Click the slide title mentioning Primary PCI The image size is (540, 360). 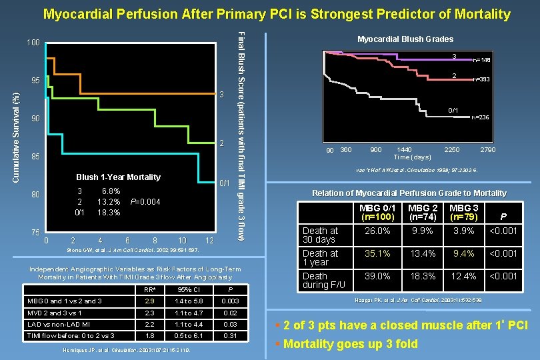(276, 13)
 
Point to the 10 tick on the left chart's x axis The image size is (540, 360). (182, 240)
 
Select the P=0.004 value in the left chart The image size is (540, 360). (145, 202)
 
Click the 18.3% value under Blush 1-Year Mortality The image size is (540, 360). (109, 213)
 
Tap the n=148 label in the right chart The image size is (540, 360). (481, 60)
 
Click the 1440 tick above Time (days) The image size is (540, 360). (405, 149)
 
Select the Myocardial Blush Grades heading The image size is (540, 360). (405, 39)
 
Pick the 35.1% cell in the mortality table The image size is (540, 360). (378, 253)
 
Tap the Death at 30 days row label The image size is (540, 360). (321, 235)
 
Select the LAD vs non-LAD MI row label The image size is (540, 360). (55, 323)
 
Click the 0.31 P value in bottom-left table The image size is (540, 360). (230, 335)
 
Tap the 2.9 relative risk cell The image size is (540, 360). (150, 301)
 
